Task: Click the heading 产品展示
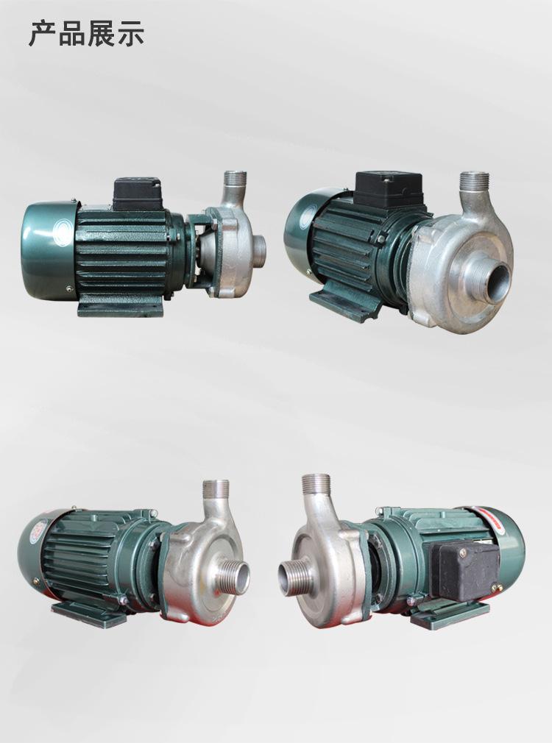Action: point(86,34)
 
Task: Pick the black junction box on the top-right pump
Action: point(389,189)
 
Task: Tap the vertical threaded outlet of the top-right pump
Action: point(474,185)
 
